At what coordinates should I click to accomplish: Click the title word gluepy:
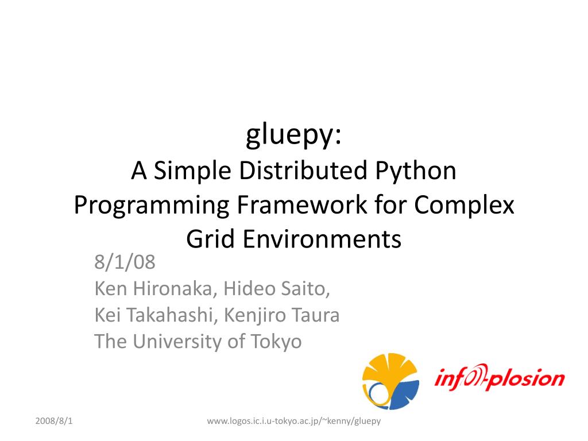pyautogui.click(x=294, y=136)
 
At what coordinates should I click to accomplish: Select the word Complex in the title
pyautogui.click(x=464, y=205)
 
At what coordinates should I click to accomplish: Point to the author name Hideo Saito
pyautogui.click(x=277, y=289)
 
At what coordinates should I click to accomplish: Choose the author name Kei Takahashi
pyautogui.click(x=155, y=315)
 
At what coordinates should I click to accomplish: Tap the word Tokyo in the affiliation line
pyautogui.click(x=276, y=342)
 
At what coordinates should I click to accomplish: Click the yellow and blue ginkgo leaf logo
pyautogui.click(x=390, y=381)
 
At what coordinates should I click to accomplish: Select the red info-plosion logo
pyautogui.click(x=499, y=377)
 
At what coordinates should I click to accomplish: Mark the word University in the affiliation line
pyautogui.click(x=180, y=342)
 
